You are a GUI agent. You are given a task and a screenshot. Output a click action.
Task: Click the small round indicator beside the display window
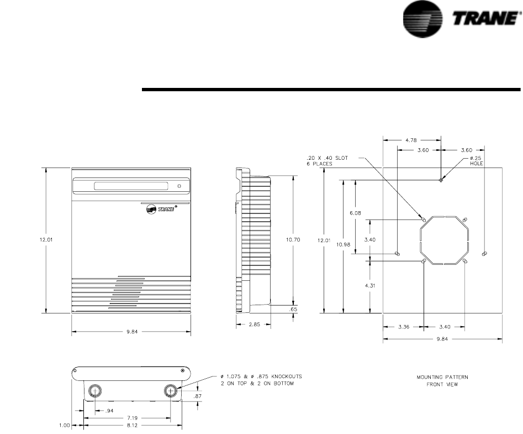tap(179, 186)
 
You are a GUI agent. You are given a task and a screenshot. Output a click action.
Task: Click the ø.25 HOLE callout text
tap(476, 160)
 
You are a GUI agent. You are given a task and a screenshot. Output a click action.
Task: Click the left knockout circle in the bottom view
tap(95, 390)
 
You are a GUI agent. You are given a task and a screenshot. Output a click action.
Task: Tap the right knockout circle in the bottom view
tap(171, 390)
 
